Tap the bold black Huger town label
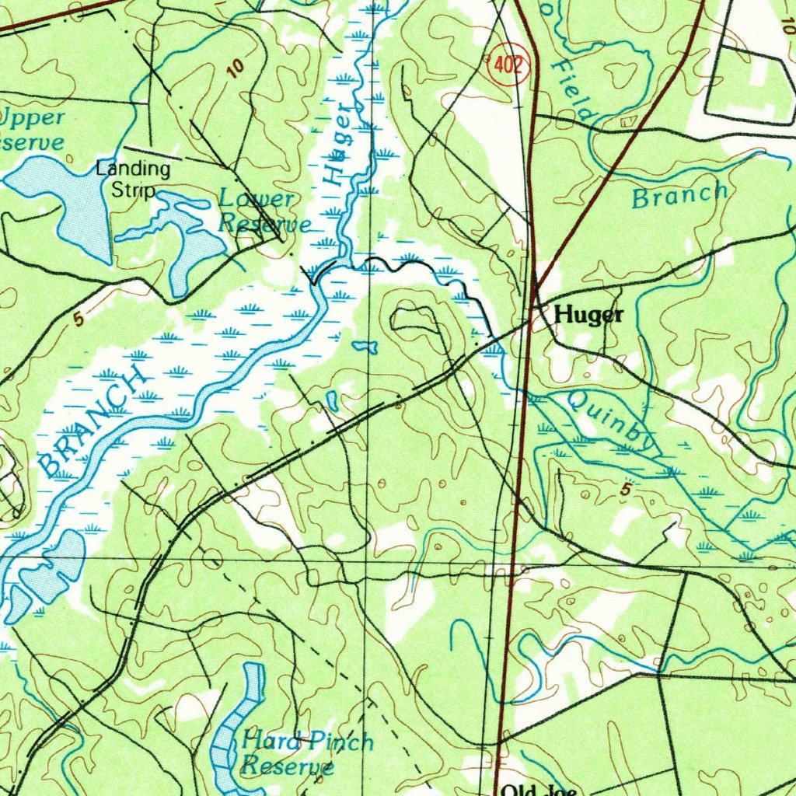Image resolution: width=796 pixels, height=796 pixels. click(x=589, y=315)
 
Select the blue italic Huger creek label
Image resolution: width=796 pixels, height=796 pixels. click(x=338, y=148)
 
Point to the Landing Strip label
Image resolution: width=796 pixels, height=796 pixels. click(x=133, y=179)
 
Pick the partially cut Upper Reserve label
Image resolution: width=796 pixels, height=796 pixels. click(x=31, y=130)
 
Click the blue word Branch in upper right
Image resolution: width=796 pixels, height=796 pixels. click(x=680, y=196)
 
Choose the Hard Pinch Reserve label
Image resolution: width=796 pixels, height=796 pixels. click(x=305, y=752)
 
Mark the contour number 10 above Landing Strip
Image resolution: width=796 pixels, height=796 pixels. click(x=236, y=69)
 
